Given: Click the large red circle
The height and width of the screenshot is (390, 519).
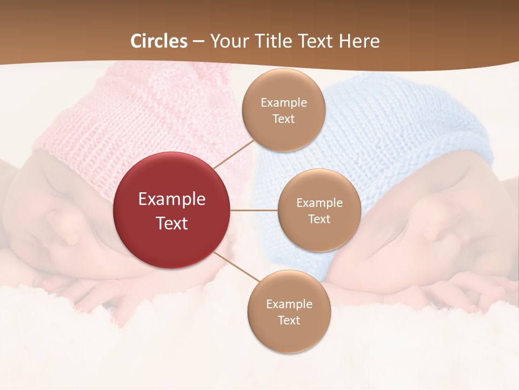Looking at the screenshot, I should [x=172, y=210].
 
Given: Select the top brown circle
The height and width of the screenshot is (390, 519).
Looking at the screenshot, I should [x=283, y=110].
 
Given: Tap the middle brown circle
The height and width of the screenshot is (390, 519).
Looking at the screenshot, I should [x=319, y=210].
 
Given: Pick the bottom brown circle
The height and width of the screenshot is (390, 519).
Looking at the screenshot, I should [x=289, y=311].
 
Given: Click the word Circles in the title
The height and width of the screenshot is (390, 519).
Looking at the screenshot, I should [x=159, y=41].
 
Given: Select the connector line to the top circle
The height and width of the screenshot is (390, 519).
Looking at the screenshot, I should [x=234, y=154].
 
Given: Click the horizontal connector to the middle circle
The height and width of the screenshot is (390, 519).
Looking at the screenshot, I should [x=254, y=210].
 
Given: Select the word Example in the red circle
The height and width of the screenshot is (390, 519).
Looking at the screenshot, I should [x=172, y=199].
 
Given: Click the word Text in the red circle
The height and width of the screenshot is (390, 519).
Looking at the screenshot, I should [x=172, y=223].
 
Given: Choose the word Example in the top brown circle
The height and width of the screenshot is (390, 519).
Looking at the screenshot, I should [x=283, y=102].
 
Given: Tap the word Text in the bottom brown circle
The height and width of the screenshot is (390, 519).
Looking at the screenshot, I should [x=289, y=320].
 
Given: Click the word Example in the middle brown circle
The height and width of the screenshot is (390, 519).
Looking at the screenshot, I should [x=319, y=203].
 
